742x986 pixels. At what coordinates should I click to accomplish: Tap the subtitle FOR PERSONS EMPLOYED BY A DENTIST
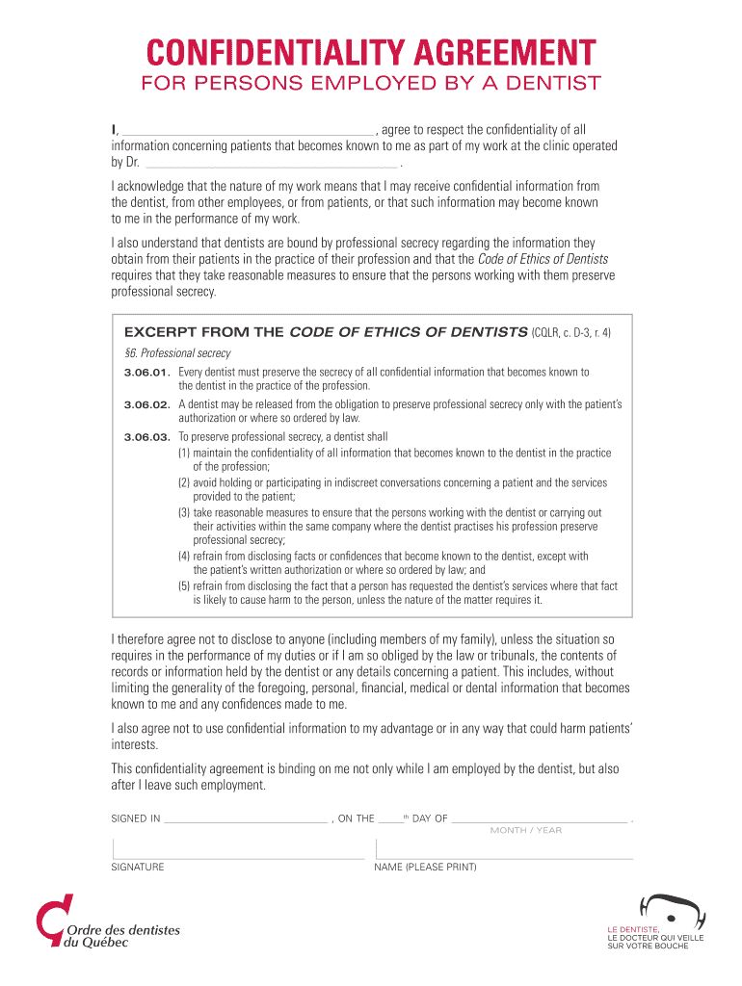coord(370,83)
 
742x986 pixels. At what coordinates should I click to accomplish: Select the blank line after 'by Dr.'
coord(268,165)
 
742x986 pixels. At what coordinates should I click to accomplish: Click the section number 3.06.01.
coord(147,372)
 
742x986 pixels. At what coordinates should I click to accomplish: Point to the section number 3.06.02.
coord(147,404)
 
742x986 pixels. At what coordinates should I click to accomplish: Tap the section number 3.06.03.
coord(147,437)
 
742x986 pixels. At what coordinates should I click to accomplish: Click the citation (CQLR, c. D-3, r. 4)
coord(570,332)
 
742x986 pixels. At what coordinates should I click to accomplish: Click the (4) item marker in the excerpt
coord(183,557)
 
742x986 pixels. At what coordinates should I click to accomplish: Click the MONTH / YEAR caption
coord(526,830)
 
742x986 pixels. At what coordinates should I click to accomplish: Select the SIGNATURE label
coord(138,868)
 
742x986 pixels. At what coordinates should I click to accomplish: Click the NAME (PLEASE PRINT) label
coord(425,868)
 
